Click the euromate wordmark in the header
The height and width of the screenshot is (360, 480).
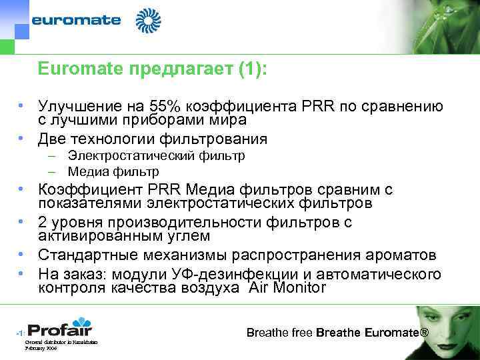coord(77,20)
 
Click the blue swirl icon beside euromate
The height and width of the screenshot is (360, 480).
coord(148,21)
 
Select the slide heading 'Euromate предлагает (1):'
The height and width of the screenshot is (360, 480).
coord(152,69)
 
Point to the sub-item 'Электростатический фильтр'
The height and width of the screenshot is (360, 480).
coord(156,156)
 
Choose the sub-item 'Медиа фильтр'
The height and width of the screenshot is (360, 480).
coord(113,171)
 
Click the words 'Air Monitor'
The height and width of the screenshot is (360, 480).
coord(287,288)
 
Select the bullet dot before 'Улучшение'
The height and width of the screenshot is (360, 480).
coord(21,107)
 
